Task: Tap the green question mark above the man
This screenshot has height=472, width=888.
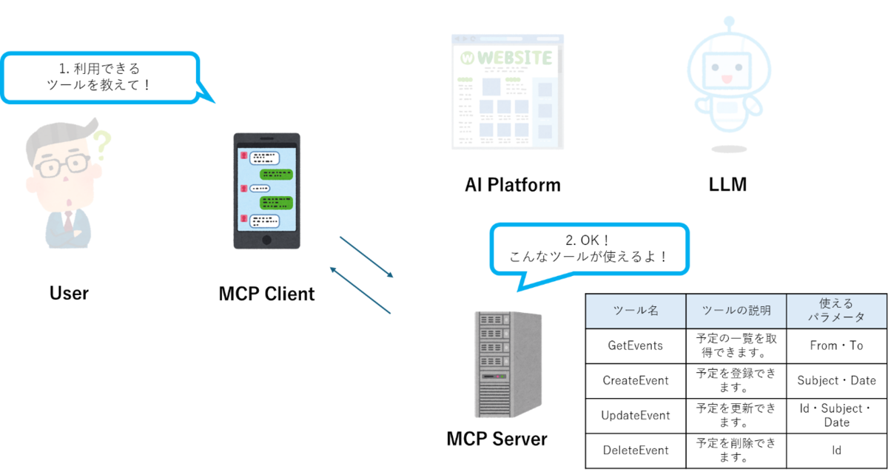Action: pos(101,146)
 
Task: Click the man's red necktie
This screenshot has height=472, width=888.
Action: pos(68,221)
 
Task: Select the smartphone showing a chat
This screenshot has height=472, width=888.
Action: pos(266,191)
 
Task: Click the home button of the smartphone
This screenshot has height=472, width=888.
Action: pos(266,240)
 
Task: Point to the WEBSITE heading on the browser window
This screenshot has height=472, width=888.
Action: pos(514,58)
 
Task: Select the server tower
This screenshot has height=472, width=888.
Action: pos(508,364)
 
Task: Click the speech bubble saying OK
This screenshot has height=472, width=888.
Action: pos(589,249)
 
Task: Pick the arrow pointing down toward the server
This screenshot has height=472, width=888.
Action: pos(366,256)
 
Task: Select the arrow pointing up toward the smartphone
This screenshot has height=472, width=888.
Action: pos(360,290)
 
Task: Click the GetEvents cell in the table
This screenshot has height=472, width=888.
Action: pos(635,345)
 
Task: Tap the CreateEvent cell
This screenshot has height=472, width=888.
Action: pos(635,380)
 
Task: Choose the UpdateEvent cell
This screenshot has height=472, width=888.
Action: pos(635,415)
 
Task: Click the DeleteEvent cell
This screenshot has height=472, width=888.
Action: pos(635,450)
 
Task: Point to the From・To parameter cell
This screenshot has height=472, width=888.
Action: pos(836,345)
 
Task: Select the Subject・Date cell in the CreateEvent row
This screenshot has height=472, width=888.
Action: pos(836,380)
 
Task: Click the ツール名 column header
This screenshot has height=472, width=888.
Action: pos(635,311)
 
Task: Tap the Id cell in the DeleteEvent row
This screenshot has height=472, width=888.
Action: pos(836,450)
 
